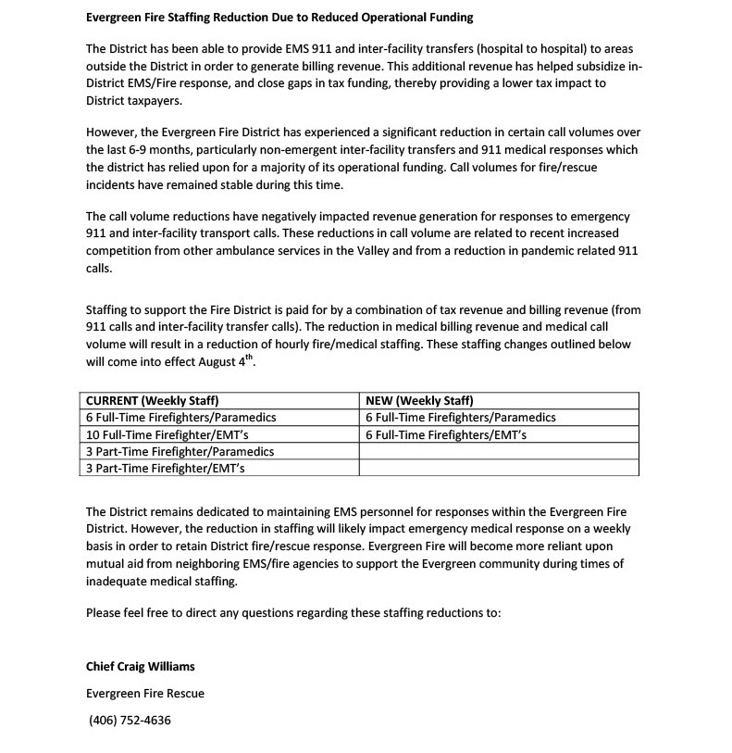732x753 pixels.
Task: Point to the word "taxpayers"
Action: click(x=154, y=100)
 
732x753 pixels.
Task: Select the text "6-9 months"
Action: click(x=145, y=150)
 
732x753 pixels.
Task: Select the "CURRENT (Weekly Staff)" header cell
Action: click(x=152, y=401)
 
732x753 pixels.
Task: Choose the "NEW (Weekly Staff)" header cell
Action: click(x=420, y=401)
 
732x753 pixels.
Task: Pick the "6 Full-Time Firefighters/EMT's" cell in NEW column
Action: click(x=446, y=434)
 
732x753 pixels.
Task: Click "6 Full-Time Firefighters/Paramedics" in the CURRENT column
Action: click(x=180, y=418)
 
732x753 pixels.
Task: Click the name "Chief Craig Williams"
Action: click(x=140, y=667)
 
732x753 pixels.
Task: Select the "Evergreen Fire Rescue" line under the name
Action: click(x=144, y=694)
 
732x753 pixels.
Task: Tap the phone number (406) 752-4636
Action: click(x=130, y=721)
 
